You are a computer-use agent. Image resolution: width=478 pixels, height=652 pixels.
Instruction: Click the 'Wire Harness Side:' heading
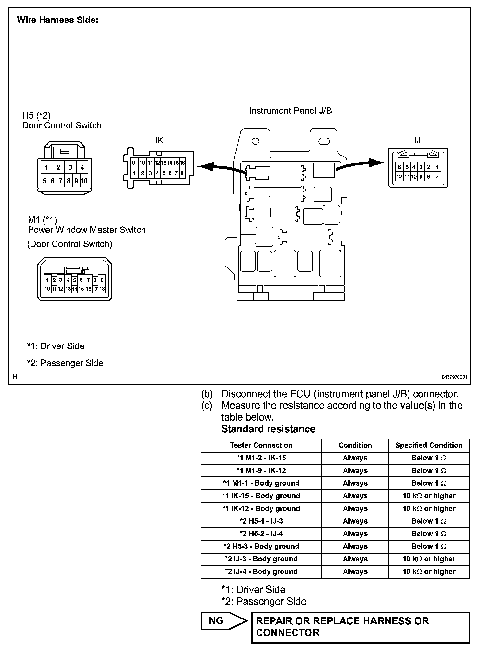(x=57, y=20)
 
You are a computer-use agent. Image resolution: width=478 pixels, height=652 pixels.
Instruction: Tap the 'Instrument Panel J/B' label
(x=290, y=111)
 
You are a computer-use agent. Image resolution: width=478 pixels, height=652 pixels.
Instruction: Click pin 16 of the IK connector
(x=182, y=163)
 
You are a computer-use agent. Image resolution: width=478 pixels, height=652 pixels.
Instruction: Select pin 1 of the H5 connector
(x=46, y=168)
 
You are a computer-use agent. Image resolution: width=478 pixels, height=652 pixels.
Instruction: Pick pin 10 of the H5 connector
(x=84, y=181)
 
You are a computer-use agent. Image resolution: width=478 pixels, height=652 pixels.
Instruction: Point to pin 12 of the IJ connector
(x=399, y=177)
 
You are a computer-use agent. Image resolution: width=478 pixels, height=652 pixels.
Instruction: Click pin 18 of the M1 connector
(x=102, y=289)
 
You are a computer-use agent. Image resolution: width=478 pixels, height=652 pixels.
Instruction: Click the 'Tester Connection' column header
(x=261, y=445)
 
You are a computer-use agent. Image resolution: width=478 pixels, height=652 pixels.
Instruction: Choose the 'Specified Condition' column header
(x=429, y=445)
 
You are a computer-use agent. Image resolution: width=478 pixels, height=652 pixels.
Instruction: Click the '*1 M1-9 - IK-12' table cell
(x=261, y=471)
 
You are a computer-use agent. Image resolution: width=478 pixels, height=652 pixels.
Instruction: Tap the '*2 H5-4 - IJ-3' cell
(x=261, y=521)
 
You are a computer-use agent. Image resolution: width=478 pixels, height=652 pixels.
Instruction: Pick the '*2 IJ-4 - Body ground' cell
(x=261, y=572)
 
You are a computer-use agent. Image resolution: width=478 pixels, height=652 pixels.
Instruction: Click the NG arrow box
(x=222, y=621)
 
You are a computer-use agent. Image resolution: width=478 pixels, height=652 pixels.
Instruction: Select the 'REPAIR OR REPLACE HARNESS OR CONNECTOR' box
(x=360, y=627)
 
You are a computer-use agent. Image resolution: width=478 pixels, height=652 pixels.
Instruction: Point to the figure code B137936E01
(x=454, y=377)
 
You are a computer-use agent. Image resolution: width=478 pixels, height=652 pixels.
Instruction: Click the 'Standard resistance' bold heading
(x=268, y=429)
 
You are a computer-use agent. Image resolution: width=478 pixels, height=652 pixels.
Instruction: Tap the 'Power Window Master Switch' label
(x=87, y=230)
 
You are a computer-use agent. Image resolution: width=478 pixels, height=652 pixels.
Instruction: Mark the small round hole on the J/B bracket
(x=256, y=141)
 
